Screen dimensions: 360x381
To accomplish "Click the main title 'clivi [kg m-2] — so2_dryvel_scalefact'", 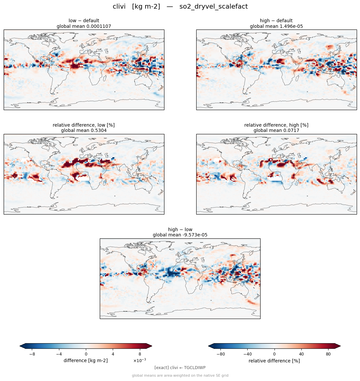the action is point(180,6).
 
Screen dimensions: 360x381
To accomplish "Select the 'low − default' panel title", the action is point(84,21).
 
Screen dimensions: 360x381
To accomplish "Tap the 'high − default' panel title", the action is point(276,21).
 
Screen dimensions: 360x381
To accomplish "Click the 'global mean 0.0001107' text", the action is point(84,26).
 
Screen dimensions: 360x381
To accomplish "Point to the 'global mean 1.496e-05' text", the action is point(276,26).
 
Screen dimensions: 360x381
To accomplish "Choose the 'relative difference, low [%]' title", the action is point(84,125).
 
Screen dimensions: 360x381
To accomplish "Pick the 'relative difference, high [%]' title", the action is point(276,125).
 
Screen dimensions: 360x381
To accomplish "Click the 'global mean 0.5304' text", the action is point(84,131).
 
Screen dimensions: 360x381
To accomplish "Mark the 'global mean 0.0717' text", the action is point(276,131).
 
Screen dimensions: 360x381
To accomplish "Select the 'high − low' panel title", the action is point(180,229).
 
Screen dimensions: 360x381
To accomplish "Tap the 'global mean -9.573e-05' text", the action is point(180,235).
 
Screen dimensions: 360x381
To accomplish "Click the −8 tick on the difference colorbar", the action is point(32,354).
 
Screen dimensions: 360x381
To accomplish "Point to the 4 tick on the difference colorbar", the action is point(113,354).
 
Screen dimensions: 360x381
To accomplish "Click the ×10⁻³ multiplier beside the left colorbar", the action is point(140,360).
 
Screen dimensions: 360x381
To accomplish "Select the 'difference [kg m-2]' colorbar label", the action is point(86,360).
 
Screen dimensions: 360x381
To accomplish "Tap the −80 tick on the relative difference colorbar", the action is point(220,354).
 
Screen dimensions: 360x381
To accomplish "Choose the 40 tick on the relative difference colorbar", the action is point(301,354).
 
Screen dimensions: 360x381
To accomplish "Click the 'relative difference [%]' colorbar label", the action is point(274,361).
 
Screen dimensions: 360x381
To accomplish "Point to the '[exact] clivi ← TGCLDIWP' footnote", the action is point(180,368).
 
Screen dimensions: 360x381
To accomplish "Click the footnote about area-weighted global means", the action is point(180,375).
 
